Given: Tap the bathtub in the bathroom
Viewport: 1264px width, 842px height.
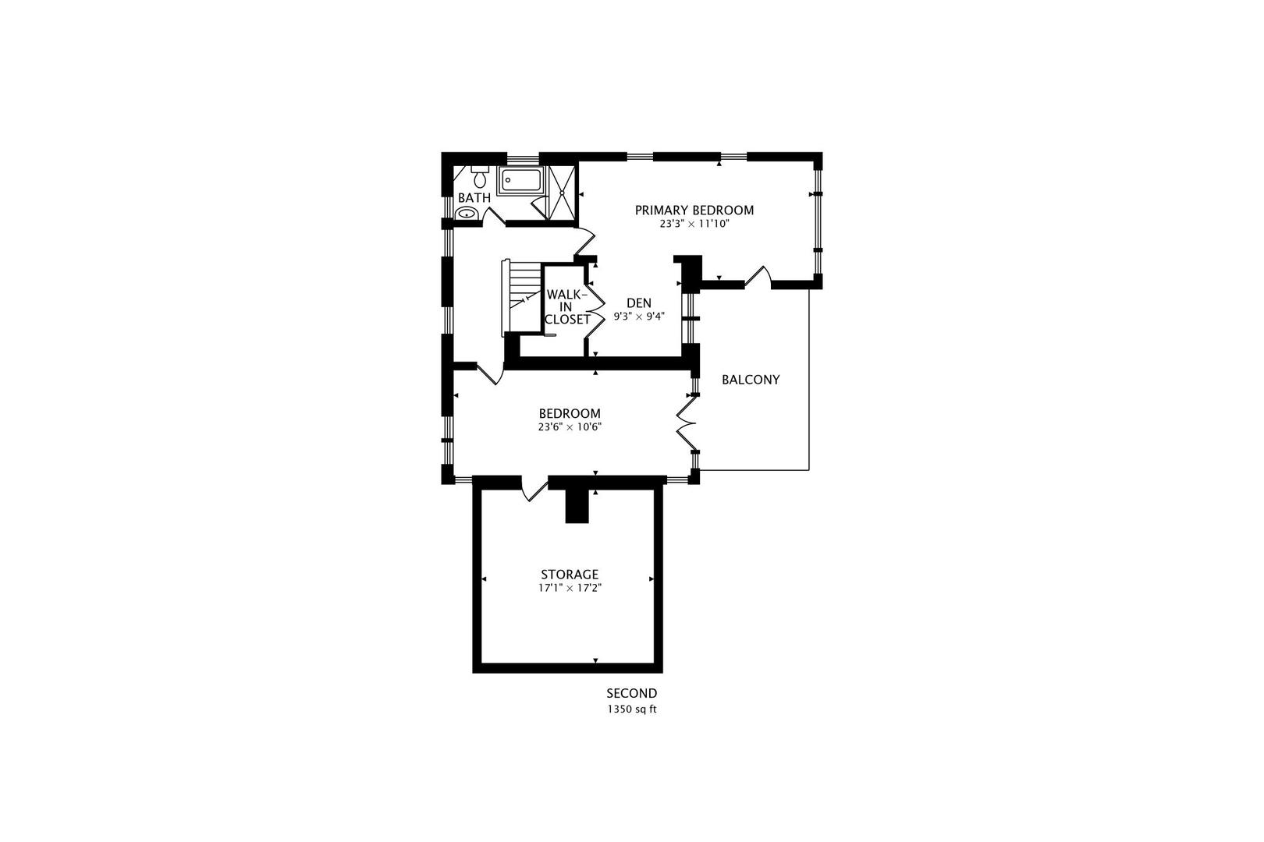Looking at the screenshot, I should [522, 181].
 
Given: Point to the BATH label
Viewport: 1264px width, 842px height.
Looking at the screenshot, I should [474, 198].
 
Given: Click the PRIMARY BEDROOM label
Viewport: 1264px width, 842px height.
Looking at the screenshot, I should [694, 210].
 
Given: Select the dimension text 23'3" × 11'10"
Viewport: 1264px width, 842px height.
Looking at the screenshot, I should [694, 224].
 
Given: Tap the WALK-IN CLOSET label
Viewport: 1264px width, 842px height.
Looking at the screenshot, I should [566, 307].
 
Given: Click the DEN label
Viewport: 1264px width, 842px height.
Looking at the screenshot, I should [638, 303].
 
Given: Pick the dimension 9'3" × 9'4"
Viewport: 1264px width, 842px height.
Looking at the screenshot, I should [638, 317].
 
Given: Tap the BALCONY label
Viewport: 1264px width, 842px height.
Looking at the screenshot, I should [750, 380].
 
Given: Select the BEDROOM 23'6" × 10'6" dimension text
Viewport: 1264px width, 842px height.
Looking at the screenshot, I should [570, 427].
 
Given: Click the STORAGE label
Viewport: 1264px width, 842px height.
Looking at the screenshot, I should [570, 575].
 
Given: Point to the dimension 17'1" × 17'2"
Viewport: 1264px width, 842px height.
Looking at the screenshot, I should [570, 589].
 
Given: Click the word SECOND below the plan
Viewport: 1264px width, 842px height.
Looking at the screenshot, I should [631, 693].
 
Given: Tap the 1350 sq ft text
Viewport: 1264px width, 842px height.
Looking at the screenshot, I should [631, 709].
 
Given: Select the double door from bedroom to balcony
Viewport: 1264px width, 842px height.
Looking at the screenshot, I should [685, 422].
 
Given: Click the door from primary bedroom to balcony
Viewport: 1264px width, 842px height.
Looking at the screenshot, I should [758, 277].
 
